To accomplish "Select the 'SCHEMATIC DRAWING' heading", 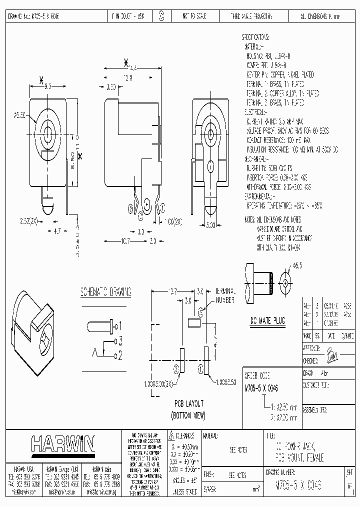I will tap(106, 291).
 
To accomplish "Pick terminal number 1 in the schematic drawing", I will tap(119, 326).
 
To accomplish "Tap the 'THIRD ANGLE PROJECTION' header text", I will tap(251, 17).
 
